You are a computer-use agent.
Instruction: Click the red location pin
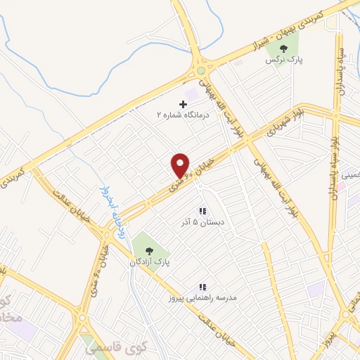point(181,165)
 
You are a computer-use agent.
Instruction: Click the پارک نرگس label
point(283,60)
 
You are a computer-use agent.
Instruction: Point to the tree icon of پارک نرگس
point(283,49)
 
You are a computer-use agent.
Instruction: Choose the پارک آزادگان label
point(149,261)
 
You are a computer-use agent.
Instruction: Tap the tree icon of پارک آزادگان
point(149,250)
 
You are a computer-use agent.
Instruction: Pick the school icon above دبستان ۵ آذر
point(202,211)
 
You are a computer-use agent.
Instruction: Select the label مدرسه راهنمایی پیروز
point(203,298)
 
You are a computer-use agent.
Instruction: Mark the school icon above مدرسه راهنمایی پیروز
point(202,287)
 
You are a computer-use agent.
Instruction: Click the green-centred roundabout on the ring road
point(202,70)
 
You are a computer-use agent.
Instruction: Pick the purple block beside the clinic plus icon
point(191,94)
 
